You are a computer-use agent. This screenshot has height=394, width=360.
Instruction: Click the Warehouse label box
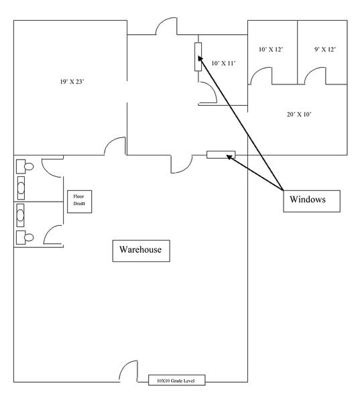(x=141, y=251)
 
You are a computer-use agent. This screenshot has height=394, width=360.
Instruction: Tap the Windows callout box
(x=312, y=201)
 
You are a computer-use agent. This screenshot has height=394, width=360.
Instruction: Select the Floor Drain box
(x=79, y=202)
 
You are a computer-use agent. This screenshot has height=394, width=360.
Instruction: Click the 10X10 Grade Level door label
(x=176, y=381)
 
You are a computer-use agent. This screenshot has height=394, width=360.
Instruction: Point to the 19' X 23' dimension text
(x=72, y=82)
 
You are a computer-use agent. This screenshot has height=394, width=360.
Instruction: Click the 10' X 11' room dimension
(x=223, y=63)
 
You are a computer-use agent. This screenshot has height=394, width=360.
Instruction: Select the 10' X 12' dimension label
(x=271, y=50)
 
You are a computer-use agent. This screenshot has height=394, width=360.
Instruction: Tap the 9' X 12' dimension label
(x=324, y=50)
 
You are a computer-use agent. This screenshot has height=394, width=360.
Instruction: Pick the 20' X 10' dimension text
(x=299, y=115)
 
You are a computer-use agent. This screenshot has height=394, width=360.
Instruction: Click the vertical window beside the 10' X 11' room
(x=198, y=57)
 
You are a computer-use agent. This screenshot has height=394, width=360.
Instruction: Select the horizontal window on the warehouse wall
(x=221, y=155)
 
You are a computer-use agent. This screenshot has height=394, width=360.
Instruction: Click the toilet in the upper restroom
(x=25, y=166)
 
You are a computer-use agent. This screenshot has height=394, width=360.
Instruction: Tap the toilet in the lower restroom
(x=25, y=237)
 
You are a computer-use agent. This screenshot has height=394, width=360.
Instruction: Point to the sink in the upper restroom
(x=21, y=188)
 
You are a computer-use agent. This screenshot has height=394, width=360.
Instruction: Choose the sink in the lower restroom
(x=20, y=215)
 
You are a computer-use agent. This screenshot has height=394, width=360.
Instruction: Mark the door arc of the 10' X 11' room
(x=213, y=88)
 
